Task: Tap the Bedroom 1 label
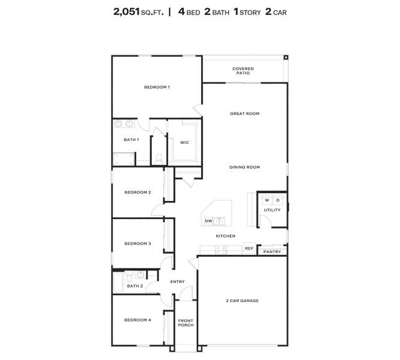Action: point(157,88)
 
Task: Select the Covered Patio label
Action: point(243,71)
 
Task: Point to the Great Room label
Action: point(244,113)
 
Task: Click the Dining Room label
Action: point(244,167)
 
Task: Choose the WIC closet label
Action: point(184,142)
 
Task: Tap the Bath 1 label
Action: point(131,140)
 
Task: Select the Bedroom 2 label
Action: point(138,193)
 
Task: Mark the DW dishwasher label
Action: point(208,221)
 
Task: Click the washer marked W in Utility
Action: point(267,200)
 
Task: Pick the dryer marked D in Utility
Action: point(278,200)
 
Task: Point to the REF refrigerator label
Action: point(249,248)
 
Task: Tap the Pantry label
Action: point(271,252)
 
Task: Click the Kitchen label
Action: point(225,236)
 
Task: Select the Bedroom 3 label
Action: point(138,244)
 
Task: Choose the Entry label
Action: point(177,281)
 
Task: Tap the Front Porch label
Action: point(186,323)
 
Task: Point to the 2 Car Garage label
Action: point(242,301)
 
